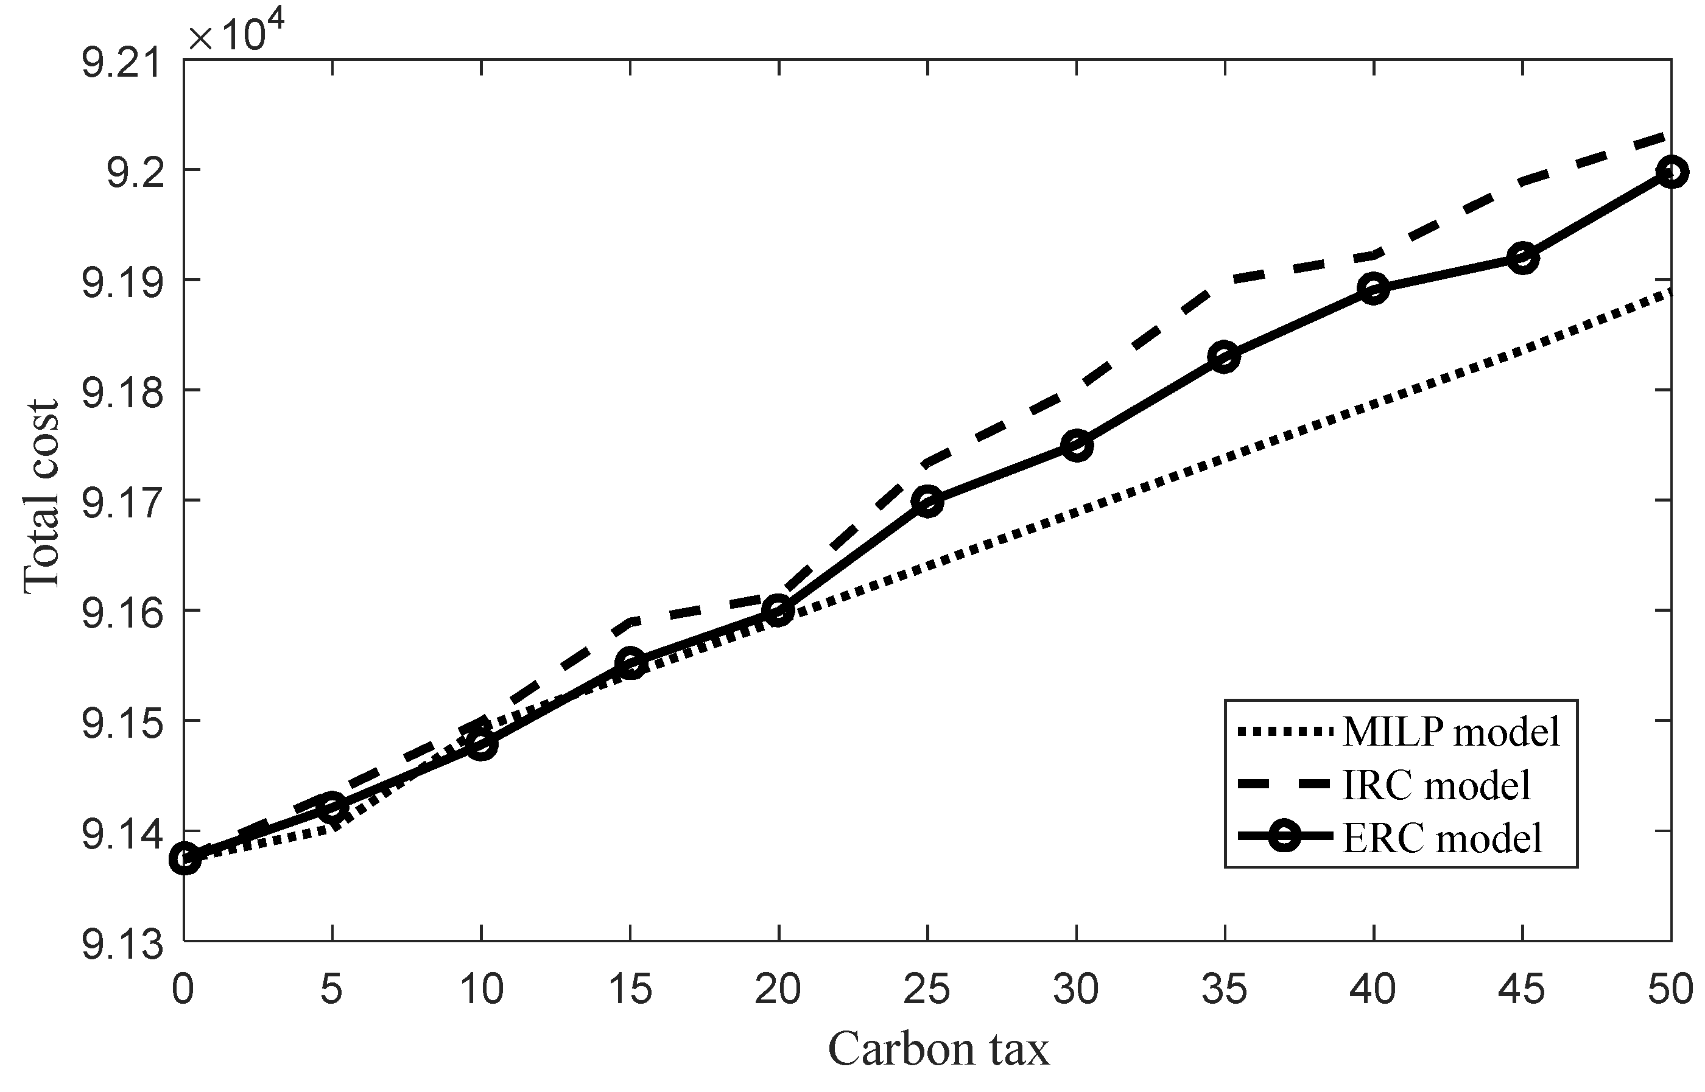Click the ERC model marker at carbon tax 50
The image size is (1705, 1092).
point(1671,172)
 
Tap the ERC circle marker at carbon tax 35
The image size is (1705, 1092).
point(1225,357)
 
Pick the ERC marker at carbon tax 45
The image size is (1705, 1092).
point(1522,258)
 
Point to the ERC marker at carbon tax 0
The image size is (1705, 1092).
point(185,859)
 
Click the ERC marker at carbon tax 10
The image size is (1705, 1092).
point(482,744)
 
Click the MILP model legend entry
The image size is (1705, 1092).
point(1451,731)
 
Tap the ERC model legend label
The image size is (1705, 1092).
point(1443,838)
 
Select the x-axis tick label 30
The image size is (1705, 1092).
point(1076,989)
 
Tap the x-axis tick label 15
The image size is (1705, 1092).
point(630,989)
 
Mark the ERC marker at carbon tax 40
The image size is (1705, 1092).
point(1374,289)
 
